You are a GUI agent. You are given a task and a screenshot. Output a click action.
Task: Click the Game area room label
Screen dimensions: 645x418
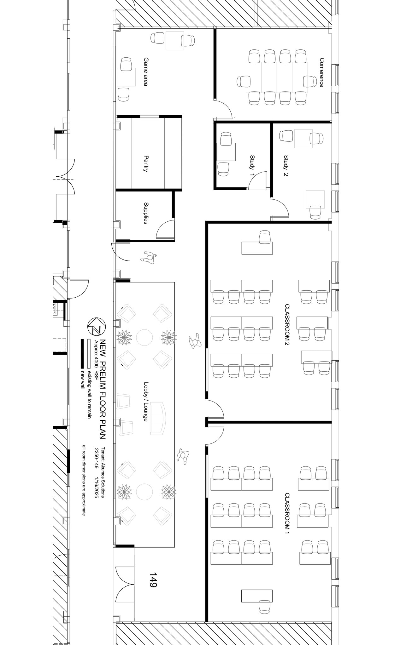click(146, 71)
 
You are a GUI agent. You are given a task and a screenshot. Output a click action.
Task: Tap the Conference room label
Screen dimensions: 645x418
click(321, 72)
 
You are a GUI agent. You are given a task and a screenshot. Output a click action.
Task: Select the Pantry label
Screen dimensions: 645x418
click(146, 163)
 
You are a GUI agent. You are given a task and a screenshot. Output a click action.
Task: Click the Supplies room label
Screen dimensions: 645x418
click(146, 213)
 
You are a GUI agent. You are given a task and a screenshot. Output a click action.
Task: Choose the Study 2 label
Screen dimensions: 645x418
click(286, 165)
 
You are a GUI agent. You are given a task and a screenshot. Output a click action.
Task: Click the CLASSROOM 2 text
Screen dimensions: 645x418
click(287, 325)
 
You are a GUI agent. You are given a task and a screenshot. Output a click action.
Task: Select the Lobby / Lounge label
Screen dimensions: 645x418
click(146, 402)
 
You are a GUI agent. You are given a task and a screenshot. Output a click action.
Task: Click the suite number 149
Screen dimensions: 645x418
click(153, 580)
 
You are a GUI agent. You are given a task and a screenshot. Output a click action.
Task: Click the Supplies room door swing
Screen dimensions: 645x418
click(165, 229)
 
